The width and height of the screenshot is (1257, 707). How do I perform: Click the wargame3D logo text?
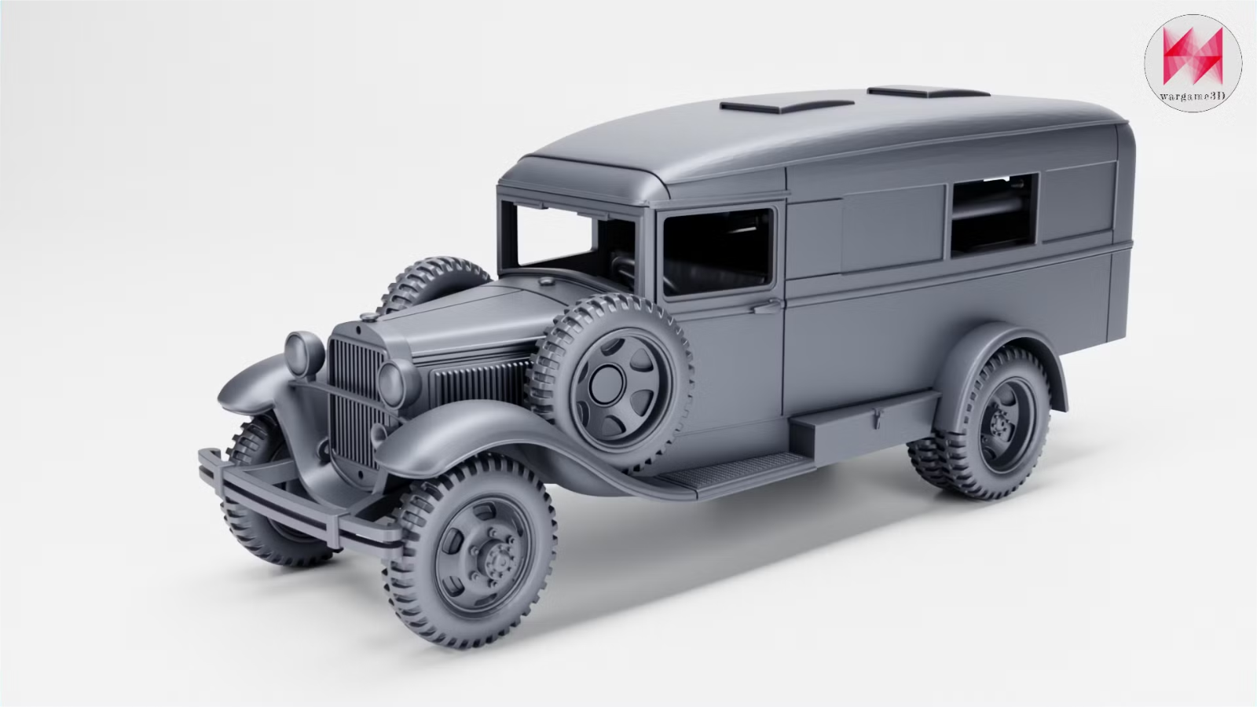(1193, 97)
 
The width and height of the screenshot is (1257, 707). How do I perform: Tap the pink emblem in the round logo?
(1193, 56)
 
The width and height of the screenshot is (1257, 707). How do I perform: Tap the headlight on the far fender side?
(303, 353)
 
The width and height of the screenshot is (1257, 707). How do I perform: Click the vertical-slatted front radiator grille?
(356, 403)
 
